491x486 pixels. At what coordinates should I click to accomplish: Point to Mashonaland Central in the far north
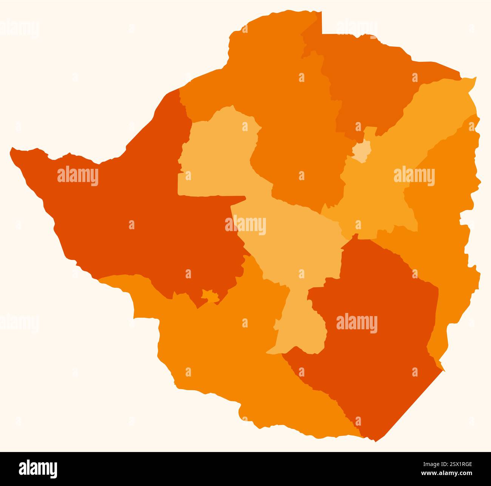coord(370,83)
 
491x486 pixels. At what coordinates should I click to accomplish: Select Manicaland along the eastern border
coord(446,227)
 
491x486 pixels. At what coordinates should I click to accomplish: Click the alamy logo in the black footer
coord(38,469)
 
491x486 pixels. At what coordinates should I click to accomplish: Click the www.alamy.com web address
coord(446,474)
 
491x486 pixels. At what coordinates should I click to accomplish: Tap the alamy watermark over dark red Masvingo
coord(357,323)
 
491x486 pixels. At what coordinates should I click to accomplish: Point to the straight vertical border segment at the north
coord(322,23)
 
